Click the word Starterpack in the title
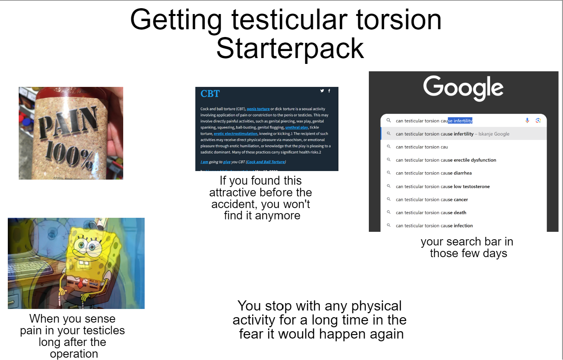(290, 49)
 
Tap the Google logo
(463, 88)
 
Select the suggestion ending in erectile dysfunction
(446, 160)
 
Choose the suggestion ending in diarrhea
(434, 173)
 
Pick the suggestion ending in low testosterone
(443, 187)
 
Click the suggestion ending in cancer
(432, 199)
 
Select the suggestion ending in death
(431, 213)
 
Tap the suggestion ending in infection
(434, 226)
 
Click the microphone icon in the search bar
(527, 120)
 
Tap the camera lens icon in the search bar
(538, 120)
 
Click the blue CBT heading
(210, 94)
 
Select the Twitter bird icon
(322, 91)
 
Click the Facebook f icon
(329, 91)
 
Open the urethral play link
(296, 127)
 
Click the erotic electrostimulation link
(235, 134)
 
